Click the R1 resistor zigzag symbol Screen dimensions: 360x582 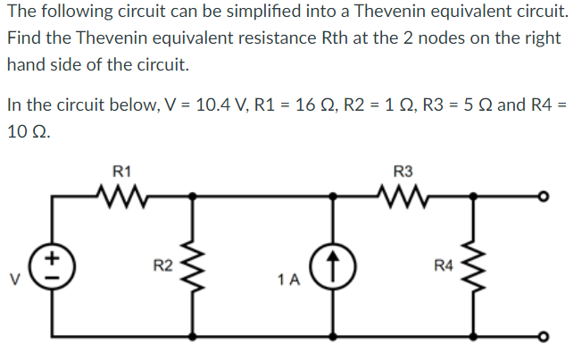(x=121, y=193)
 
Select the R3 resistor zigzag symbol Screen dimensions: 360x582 (x=403, y=193)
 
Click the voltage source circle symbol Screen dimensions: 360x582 (x=50, y=264)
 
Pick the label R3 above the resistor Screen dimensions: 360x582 (x=403, y=170)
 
